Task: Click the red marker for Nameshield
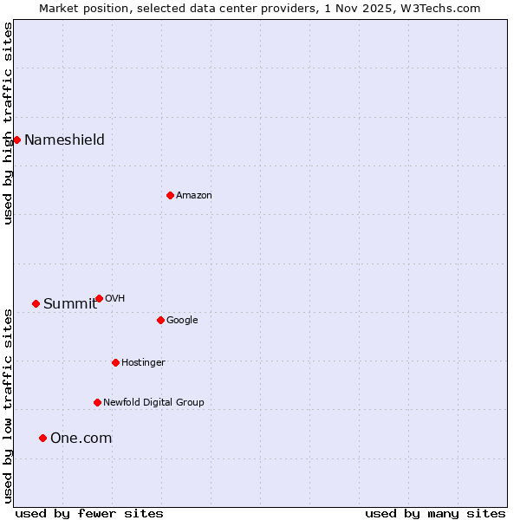click(16, 140)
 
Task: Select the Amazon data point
click(170, 195)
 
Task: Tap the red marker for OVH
click(99, 298)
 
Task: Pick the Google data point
click(160, 320)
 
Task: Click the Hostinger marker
click(115, 362)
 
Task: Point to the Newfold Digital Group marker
click(97, 402)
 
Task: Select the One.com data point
click(42, 438)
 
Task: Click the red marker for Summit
click(36, 303)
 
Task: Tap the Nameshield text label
click(64, 140)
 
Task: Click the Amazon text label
click(194, 195)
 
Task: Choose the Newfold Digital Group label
click(153, 402)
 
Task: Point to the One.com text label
click(81, 438)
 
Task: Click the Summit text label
click(70, 303)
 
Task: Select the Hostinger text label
click(143, 362)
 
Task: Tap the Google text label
click(182, 320)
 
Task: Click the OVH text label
click(114, 298)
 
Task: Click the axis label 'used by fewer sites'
click(89, 513)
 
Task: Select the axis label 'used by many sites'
click(435, 513)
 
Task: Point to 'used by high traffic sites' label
click(8, 123)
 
